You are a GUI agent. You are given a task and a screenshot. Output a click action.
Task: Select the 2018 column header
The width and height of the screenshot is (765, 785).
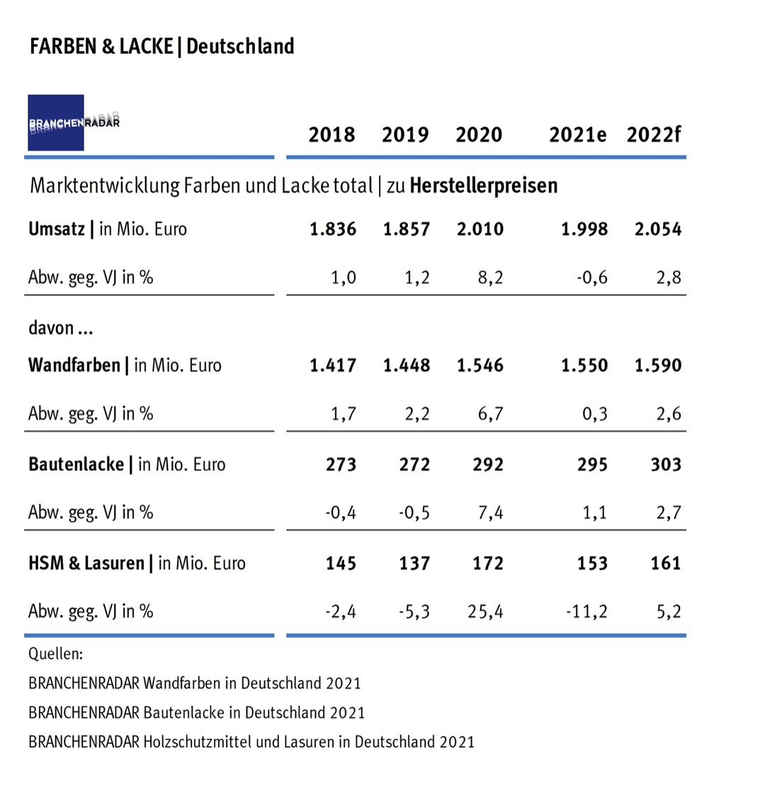331,135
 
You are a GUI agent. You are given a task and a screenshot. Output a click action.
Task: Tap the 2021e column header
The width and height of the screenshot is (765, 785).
577,135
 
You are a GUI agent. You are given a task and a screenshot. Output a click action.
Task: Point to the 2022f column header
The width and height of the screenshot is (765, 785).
653,135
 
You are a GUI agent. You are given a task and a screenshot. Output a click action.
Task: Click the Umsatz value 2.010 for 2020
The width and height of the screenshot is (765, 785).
479,230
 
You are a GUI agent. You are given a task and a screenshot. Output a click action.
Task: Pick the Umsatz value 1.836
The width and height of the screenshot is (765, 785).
333,230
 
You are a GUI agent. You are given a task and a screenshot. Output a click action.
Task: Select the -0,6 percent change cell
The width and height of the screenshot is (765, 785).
589,278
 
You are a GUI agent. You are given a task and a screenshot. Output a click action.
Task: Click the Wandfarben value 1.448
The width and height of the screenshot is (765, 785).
407,366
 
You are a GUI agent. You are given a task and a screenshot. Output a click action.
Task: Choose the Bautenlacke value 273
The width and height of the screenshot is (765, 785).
341,465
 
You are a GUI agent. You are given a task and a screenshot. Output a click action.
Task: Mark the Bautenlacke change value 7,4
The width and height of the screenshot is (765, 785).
489,513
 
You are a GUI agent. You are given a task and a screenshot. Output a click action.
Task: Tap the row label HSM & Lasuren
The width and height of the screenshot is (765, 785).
86,564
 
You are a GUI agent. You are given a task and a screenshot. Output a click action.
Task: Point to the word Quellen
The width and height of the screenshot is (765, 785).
55,653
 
